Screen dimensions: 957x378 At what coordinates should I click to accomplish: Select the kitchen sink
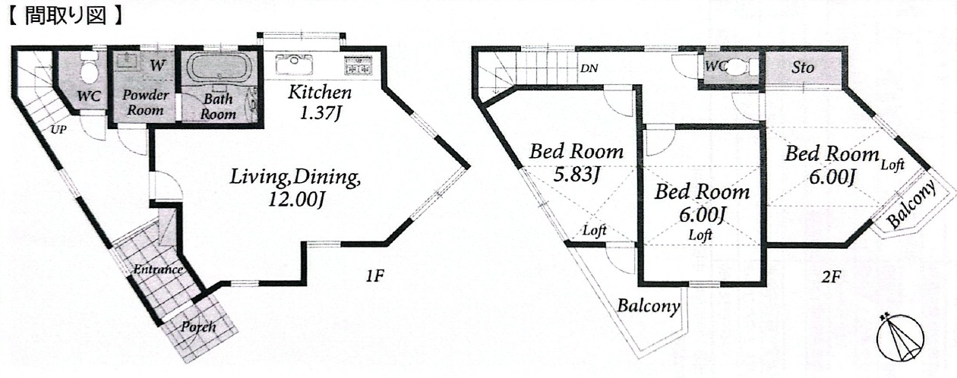pyautogui.click(x=295, y=64)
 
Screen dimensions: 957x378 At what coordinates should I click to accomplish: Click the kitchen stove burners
pyautogui.click(x=358, y=65)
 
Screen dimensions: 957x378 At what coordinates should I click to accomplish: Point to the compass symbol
pyautogui.click(x=900, y=338)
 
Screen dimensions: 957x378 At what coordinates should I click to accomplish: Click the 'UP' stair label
pyautogui.click(x=58, y=129)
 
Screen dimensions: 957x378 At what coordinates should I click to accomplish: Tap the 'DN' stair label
pyautogui.click(x=589, y=68)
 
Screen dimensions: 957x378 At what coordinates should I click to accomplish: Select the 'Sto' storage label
pyautogui.click(x=803, y=67)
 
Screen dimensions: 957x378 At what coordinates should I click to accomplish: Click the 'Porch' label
pyautogui.click(x=197, y=327)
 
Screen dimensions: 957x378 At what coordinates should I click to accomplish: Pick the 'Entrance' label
pyautogui.click(x=158, y=269)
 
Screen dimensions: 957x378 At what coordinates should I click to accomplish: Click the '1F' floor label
pyautogui.click(x=375, y=276)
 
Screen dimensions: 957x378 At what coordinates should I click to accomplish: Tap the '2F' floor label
pyautogui.click(x=831, y=278)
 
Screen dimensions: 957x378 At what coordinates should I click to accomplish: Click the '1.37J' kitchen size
pyautogui.click(x=320, y=113)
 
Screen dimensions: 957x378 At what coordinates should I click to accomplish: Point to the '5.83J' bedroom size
pyautogui.click(x=576, y=175)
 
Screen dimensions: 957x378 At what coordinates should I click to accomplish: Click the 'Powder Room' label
pyautogui.click(x=145, y=102)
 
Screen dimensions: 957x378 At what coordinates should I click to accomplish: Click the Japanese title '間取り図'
pyautogui.click(x=65, y=16)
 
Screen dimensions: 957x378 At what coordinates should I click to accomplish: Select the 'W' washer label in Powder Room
pyautogui.click(x=157, y=65)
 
